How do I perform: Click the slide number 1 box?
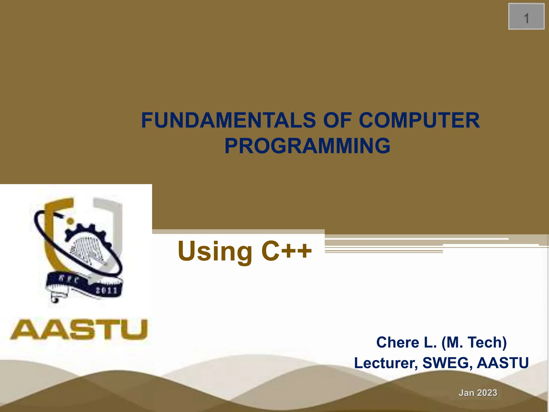[x=526, y=17]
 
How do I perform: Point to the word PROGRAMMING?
[x=307, y=146]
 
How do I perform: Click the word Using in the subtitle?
[x=215, y=251]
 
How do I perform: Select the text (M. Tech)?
[x=474, y=343]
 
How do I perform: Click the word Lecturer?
[x=386, y=363]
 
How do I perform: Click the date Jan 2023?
[x=478, y=393]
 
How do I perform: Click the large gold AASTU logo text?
[x=79, y=329]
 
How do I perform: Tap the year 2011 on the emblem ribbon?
[x=106, y=290]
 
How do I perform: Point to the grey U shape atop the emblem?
[x=113, y=215]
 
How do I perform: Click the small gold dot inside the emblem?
[x=70, y=221]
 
